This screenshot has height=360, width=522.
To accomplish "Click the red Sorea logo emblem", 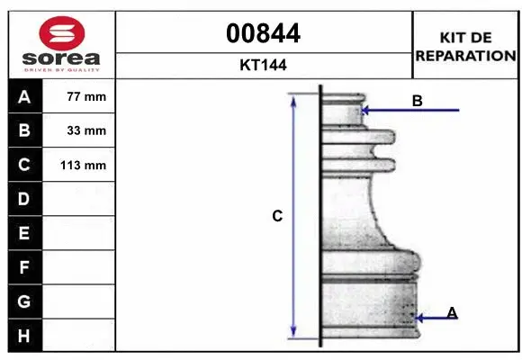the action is coord(62,33).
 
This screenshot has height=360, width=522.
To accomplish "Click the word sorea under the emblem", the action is coord(61,58).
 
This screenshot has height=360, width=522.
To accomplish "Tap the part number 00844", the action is coord(263,33).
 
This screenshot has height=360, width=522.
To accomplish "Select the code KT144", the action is coord(263,65).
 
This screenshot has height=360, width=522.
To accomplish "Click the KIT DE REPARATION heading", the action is coord(465,47).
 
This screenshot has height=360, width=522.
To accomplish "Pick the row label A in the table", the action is coord(24,97).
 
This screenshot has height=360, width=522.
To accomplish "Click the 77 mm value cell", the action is coord(79,96).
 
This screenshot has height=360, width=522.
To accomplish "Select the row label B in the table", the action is coord(24,130).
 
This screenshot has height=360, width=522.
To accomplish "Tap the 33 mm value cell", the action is coord(79,130).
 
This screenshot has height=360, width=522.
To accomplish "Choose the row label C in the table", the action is coord(24,165).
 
